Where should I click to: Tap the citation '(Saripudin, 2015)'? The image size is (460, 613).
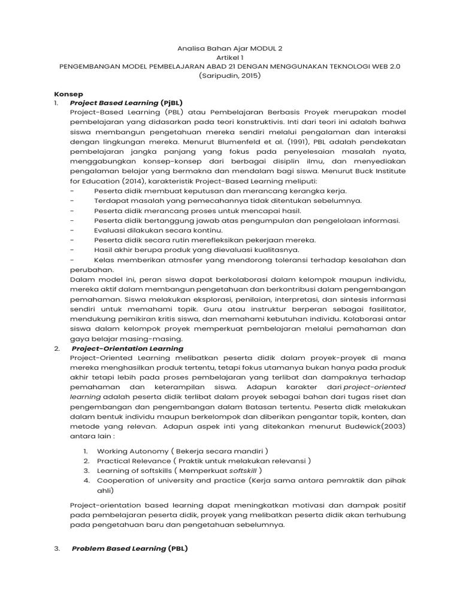point(230,76)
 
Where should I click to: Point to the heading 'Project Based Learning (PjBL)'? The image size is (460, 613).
point(126,103)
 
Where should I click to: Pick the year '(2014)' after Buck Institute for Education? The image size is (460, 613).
point(138,181)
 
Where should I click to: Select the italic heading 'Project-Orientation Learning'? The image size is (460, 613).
point(128,348)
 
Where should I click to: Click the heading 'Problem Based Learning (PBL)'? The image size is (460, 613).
point(130,548)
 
